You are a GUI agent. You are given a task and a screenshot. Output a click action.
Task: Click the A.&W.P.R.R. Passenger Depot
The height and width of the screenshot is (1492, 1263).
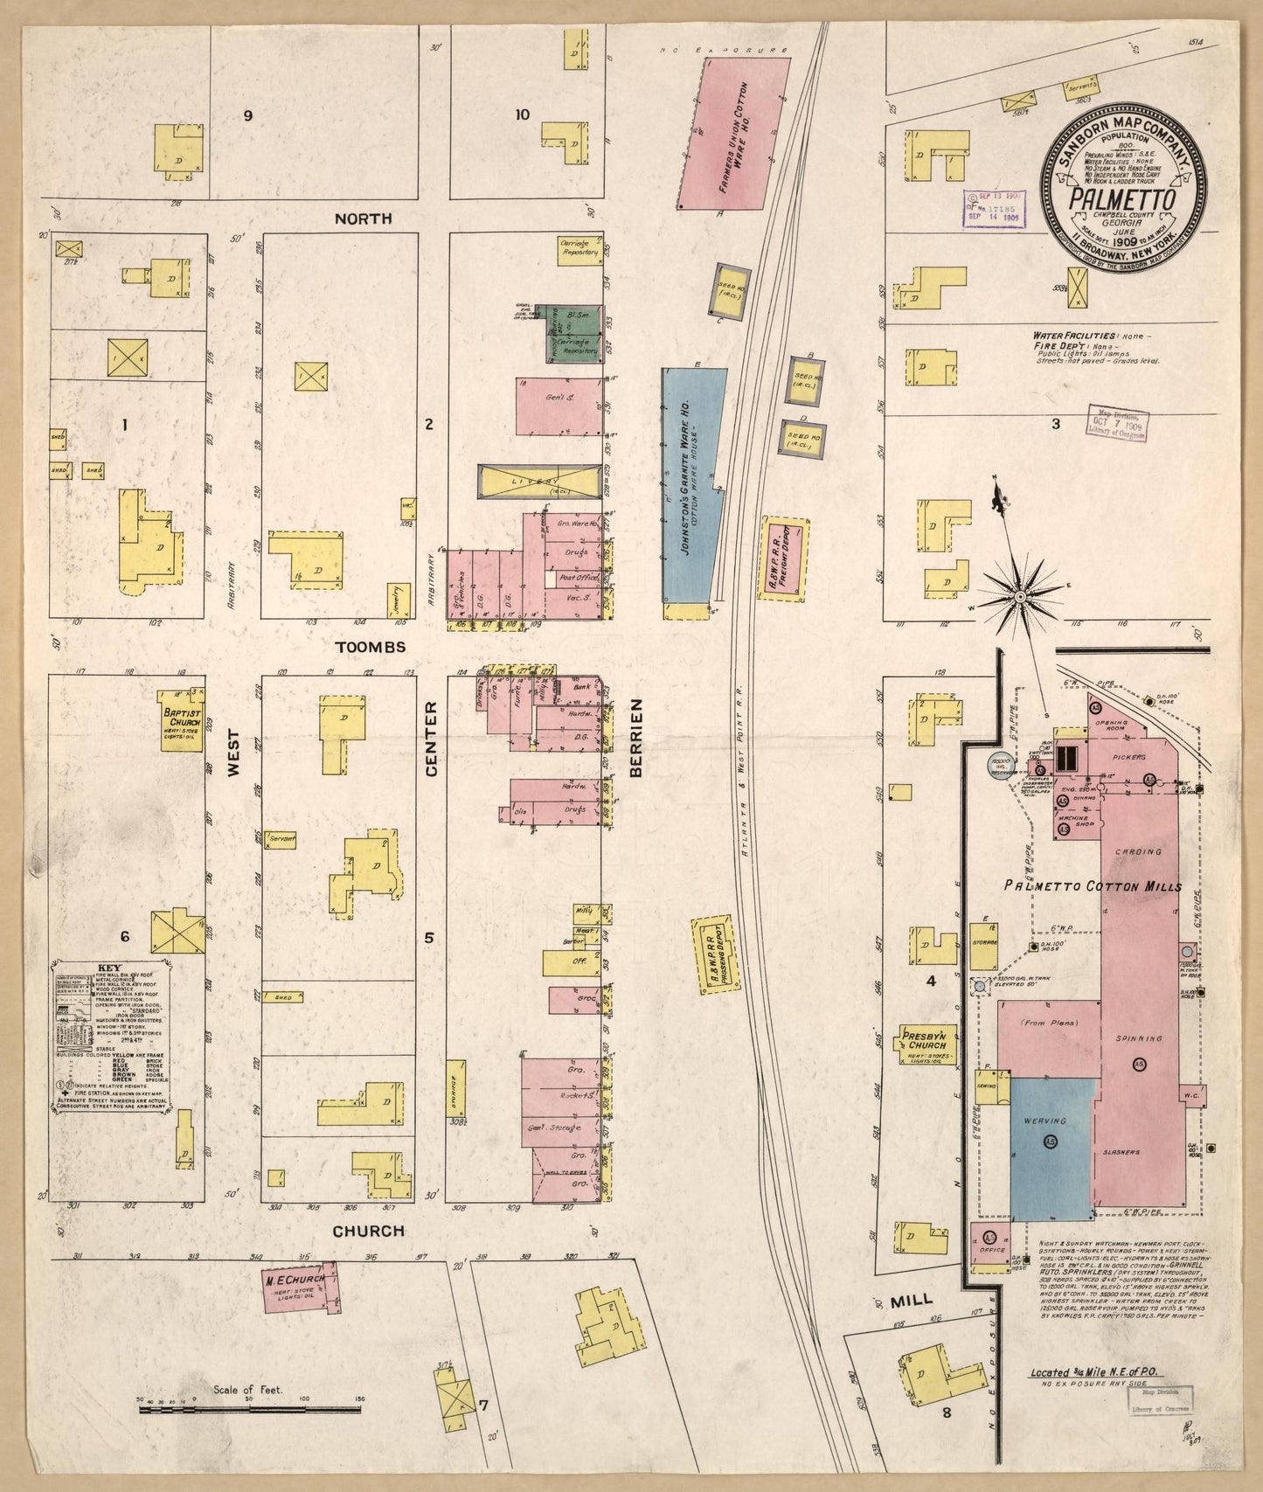(717, 954)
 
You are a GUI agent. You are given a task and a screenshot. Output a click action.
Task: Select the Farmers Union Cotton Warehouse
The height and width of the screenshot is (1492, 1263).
(739, 133)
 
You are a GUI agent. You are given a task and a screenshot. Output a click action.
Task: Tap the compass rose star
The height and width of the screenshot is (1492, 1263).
(1019, 597)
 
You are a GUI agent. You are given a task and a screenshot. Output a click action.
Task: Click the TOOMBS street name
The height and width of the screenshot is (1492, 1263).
(371, 647)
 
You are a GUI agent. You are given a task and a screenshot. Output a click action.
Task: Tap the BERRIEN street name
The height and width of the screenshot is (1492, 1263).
(635, 737)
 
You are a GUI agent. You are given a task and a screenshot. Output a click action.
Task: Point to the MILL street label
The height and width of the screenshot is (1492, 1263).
(913, 1301)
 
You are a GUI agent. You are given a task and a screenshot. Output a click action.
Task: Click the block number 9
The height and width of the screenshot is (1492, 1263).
(248, 115)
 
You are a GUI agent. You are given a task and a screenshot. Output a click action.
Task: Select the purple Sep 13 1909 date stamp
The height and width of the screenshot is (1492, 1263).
(995, 209)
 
